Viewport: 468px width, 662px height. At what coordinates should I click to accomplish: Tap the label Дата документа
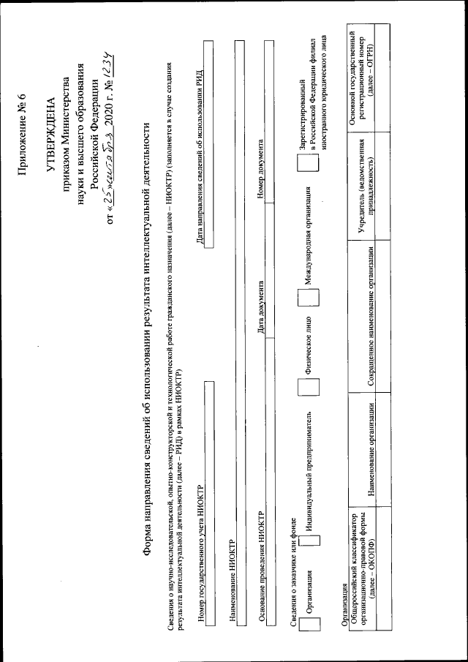click(x=262, y=307)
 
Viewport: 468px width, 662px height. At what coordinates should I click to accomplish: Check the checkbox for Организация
click(x=309, y=619)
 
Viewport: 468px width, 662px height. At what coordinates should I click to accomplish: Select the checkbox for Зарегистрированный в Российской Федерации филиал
click(x=309, y=166)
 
